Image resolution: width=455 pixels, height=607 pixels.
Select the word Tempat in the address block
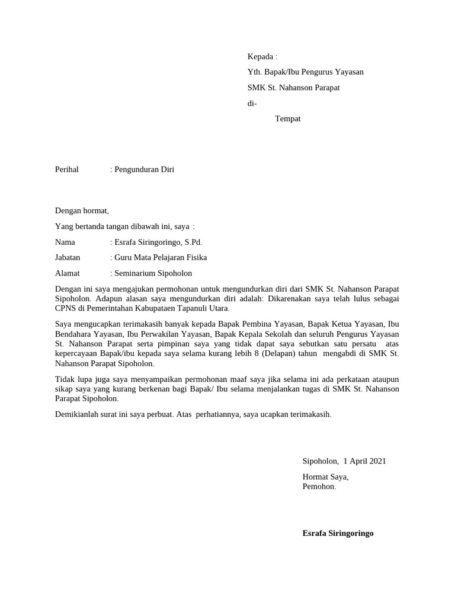tap(288, 119)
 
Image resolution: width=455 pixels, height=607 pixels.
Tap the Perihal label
tap(67, 170)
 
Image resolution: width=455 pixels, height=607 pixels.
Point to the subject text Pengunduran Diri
tap(145, 170)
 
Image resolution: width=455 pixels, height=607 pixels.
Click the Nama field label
tap(65, 242)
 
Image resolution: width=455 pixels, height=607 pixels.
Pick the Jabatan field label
tap(68, 257)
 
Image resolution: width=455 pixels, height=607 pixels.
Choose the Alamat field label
tap(67, 273)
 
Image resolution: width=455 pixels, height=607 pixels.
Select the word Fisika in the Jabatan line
tap(196, 257)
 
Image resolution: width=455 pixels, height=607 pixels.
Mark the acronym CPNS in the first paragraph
tap(66, 308)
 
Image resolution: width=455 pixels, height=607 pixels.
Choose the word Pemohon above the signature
tap(318, 487)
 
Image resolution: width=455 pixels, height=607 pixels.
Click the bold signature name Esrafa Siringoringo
tap(338, 533)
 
